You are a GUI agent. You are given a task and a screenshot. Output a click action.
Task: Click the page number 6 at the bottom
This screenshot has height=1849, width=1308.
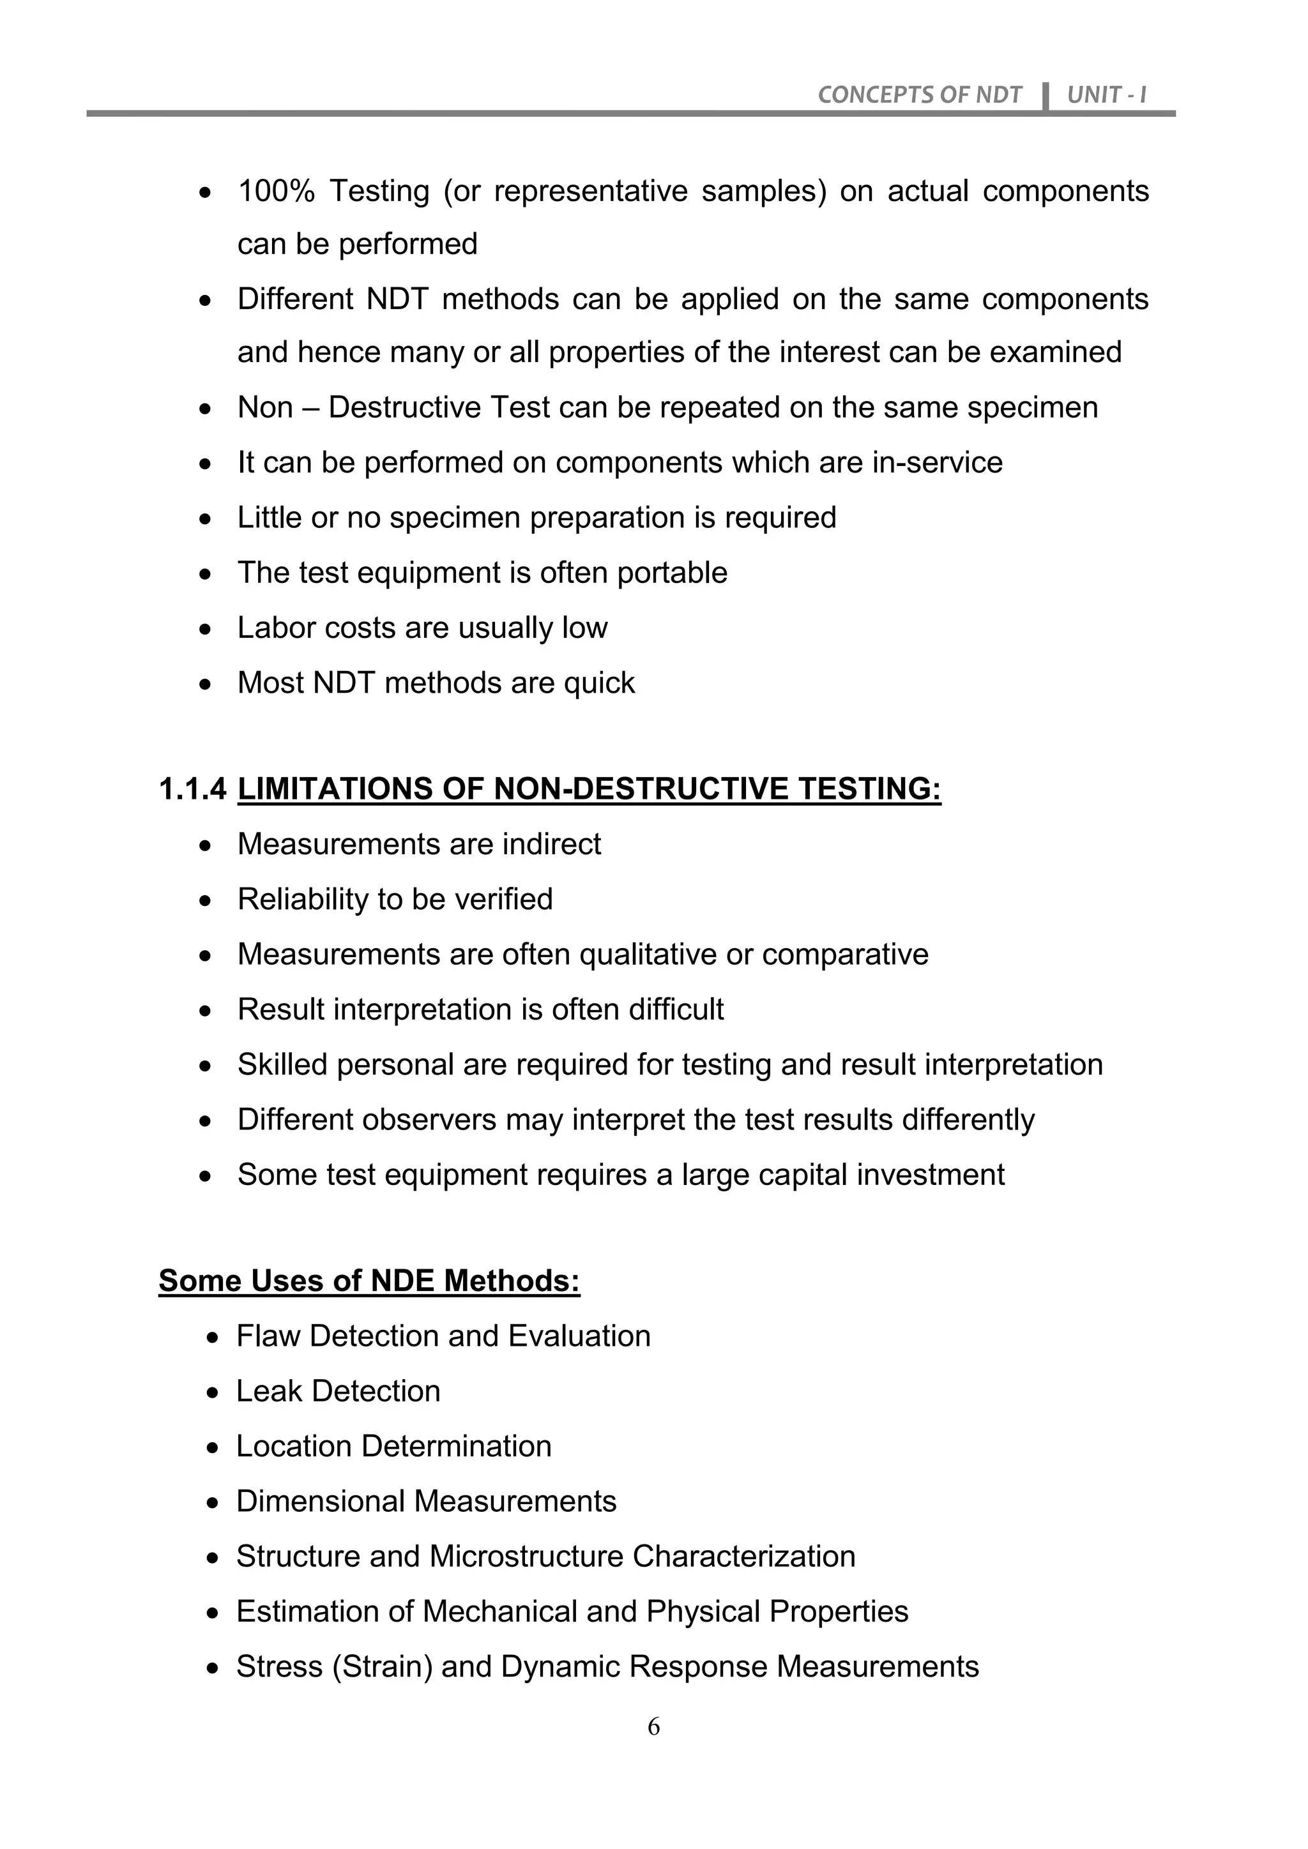(653, 1726)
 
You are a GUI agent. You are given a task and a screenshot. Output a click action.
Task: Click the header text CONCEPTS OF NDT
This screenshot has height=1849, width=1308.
(919, 95)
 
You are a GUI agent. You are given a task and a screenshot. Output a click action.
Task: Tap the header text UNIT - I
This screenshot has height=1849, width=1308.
(1106, 95)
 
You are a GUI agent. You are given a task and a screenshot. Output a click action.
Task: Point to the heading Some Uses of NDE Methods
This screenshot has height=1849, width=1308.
(369, 1281)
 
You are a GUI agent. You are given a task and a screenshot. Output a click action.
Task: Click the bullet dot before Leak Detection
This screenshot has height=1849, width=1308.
(213, 1392)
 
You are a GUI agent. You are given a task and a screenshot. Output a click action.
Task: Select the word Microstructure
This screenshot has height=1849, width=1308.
(526, 1557)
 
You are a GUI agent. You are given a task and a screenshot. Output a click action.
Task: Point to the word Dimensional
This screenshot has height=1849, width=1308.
(320, 1502)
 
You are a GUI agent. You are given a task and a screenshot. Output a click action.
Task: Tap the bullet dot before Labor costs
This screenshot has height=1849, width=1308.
(207, 629)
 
